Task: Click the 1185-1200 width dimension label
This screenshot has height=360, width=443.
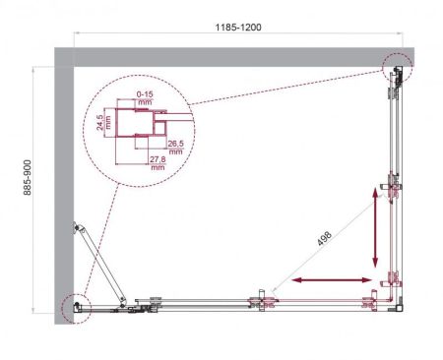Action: pyautogui.click(x=241, y=30)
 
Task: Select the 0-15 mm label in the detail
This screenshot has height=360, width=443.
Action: pyautogui.click(x=145, y=99)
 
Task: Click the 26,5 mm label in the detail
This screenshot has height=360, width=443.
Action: pyautogui.click(x=176, y=148)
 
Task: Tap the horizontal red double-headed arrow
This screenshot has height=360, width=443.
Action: pyautogui.click(x=335, y=282)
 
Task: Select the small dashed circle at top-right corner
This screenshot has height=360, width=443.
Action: pyautogui.click(x=397, y=68)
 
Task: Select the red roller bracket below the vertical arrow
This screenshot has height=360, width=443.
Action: pyautogui.click(x=393, y=277)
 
